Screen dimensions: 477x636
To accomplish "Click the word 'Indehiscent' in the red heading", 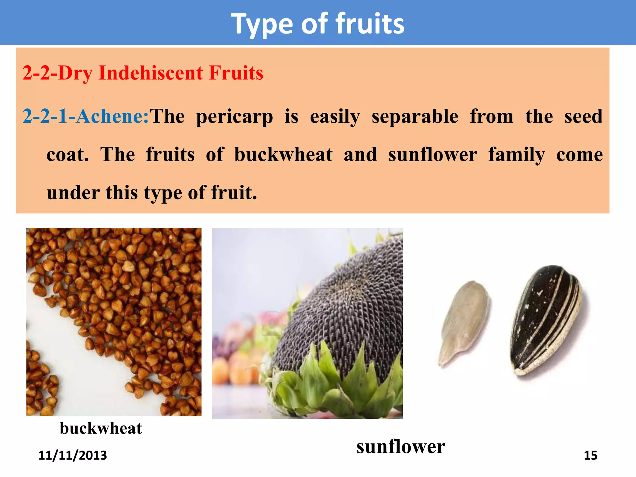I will click(x=151, y=73).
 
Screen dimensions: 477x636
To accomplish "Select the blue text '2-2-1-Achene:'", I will click(x=86, y=116).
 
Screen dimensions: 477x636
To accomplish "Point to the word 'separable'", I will click(x=415, y=116).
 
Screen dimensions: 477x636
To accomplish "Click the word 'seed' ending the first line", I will click(x=583, y=116).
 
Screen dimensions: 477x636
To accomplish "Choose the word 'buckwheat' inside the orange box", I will click(x=283, y=154).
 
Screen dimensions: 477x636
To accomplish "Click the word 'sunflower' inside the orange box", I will click(x=433, y=155).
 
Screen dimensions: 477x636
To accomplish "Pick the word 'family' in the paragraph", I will click(x=516, y=155).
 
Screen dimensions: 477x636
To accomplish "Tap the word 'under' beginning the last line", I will click(x=73, y=193).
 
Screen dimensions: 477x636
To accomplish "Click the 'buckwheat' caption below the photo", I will click(x=101, y=428).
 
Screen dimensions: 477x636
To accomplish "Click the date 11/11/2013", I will click(x=73, y=455).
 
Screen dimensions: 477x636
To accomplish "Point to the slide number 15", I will click(x=590, y=455).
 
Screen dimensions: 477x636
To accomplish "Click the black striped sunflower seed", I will click(x=547, y=320).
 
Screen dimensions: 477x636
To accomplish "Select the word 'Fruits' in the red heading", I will click(x=236, y=73).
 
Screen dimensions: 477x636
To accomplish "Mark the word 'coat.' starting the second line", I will click(x=67, y=155).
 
